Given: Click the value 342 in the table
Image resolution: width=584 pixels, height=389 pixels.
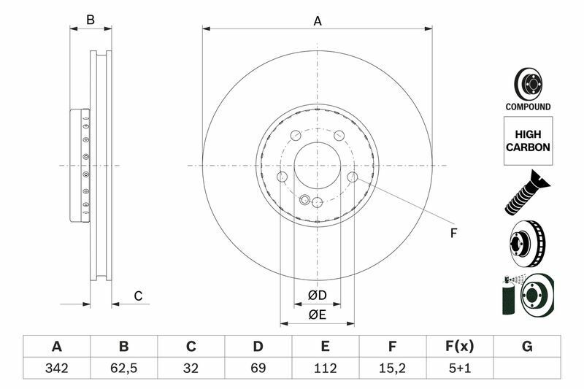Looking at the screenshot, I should pyautogui.click(x=56, y=369).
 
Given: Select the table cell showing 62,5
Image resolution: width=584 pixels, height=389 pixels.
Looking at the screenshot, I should pyautogui.click(x=123, y=369).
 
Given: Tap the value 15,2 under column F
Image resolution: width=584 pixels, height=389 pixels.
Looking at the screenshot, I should pyautogui.click(x=392, y=369).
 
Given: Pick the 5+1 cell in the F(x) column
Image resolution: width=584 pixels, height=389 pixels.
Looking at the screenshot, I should pyautogui.click(x=459, y=369).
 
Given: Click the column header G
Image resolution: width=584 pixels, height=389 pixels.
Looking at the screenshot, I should pyautogui.click(x=527, y=346).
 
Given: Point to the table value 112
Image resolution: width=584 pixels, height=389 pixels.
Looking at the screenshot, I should pyautogui.click(x=325, y=369).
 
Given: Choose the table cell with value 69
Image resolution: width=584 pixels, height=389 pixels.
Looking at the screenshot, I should pyautogui.click(x=258, y=369).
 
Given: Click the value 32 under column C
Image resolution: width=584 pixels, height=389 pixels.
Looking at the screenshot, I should pyautogui.click(x=191, y=369).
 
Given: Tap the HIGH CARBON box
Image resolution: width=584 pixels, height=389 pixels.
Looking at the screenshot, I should pyautogui.click(x=528, y=141).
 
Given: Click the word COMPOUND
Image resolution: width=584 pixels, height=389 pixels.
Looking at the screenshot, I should pyautogui.click(x=528, y=107).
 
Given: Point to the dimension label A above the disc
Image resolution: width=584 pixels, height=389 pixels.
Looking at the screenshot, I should pyautogui.click(x=318, y=21).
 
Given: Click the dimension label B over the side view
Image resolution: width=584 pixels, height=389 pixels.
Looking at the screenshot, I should pyautogui.click(x=91, y=20).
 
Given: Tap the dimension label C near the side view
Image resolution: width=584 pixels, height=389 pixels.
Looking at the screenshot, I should pyautogui.click(x=137, y=296).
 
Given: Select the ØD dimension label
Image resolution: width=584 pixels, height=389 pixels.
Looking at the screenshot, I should pyautogui.click(x=317, y=296).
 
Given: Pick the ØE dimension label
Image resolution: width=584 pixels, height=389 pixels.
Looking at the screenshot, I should pyautogui.click(x=317, y=315).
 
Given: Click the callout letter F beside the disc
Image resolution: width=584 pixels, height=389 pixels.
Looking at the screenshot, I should pyautogui.click(x=453, y=234).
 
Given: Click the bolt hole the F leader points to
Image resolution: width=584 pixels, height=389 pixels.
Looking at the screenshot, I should pyautogui.click(x=353, y=177).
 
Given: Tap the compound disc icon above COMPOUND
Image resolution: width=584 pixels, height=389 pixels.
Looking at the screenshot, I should pyautogui.click(x=527, y=84).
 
